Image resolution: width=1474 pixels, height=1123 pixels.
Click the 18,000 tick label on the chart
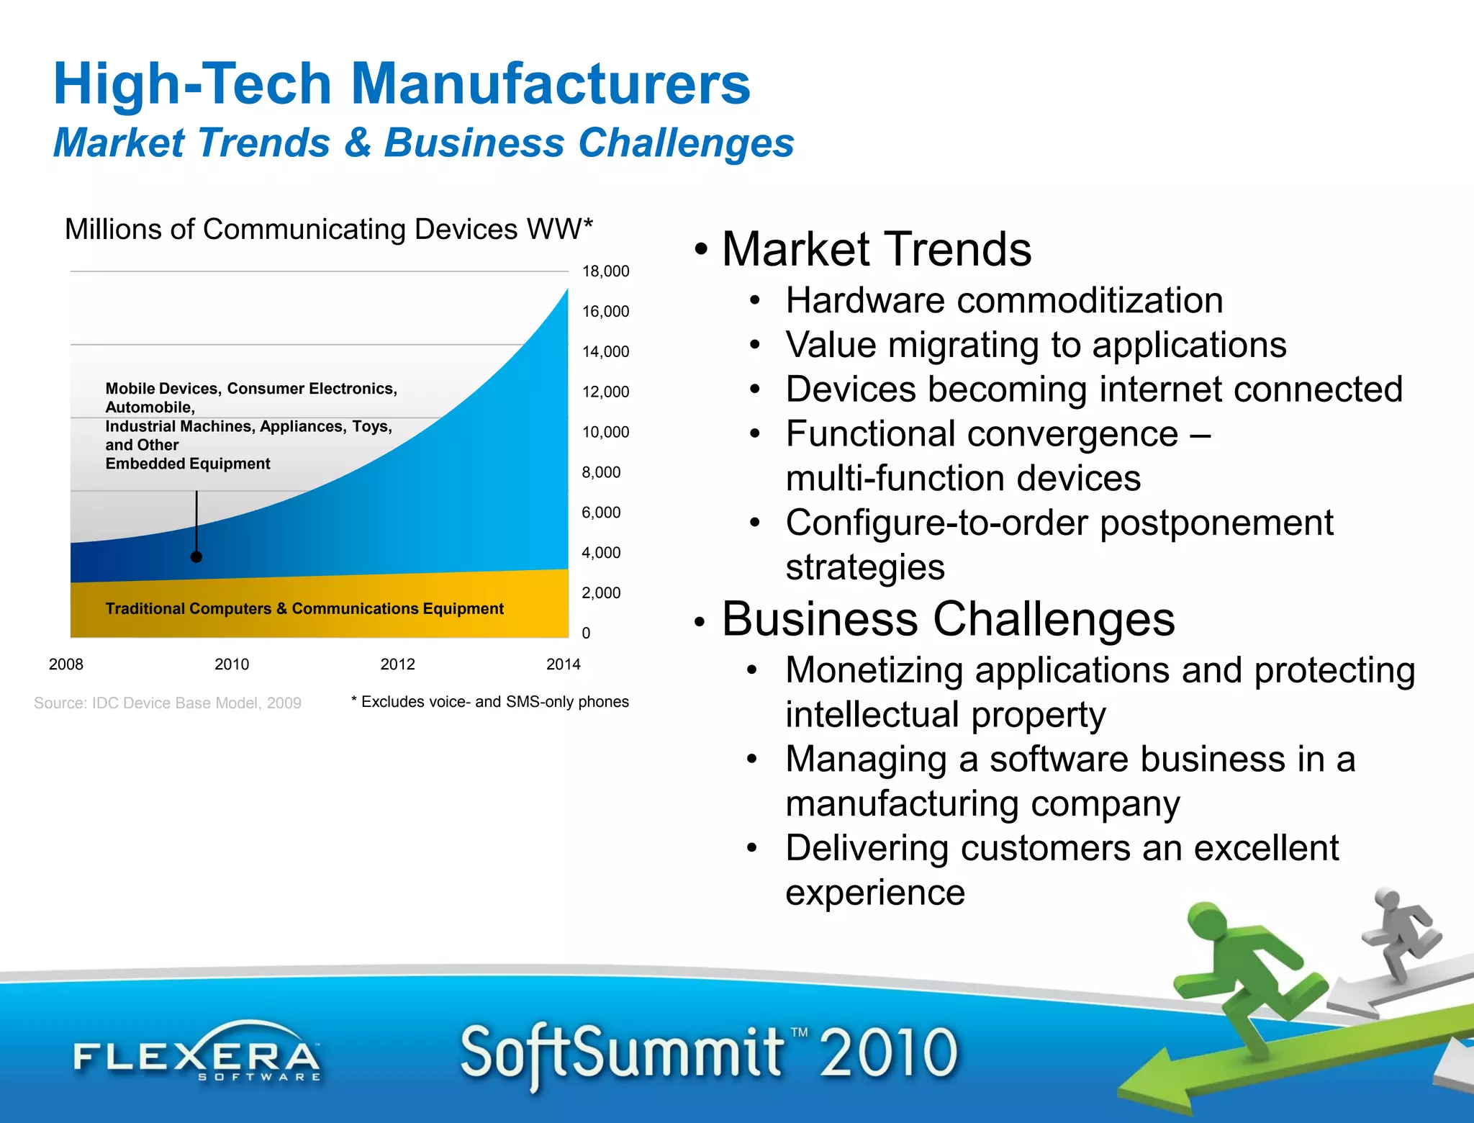tap(605, 271)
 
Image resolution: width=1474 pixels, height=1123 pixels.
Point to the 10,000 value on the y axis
tap(605, 432)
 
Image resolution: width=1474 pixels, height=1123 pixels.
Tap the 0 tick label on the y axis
tap(586, 633)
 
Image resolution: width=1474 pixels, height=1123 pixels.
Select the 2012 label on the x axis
tap(397, 664)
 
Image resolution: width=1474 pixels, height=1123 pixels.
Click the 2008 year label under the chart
tap(66, 664)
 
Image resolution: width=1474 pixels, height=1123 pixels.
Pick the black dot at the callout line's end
tap(196, 556)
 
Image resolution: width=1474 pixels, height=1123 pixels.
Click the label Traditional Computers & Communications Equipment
tap(304, 609)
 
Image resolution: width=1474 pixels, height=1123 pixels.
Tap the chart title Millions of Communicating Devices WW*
tap(329, 230)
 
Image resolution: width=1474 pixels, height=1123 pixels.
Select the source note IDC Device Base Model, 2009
tap(168, 703)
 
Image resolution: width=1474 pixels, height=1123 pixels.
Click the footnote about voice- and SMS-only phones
tap(490, 702)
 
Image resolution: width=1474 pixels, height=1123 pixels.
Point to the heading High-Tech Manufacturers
tap(402, 84)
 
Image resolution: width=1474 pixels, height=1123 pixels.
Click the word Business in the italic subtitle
tap(474, 143)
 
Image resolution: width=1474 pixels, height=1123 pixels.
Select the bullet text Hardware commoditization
tap(1004, 300)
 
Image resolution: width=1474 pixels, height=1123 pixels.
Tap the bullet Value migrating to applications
tap(1036, 345)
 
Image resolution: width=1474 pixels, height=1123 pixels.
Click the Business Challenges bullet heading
tap(948, 619)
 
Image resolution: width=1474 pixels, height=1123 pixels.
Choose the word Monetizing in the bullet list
tap(874, 670)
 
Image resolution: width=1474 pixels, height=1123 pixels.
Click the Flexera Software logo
tap(196, 1055)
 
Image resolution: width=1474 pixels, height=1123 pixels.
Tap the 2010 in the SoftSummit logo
tap(889, 1053)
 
